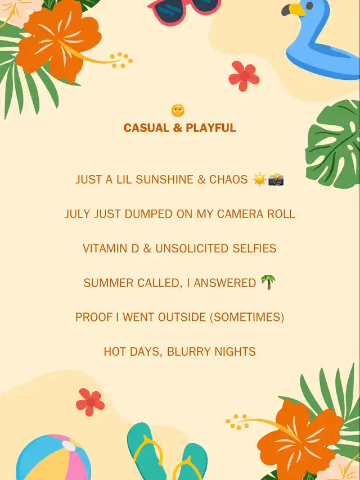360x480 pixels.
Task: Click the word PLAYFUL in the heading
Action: click(x=211, y=128)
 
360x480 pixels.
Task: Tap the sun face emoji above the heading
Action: click(x=178, y=111)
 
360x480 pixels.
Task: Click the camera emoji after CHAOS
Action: click(x=276, y=179)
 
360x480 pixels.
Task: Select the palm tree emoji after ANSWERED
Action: click(x=268, y=282)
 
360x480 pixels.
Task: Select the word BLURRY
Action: click(x=189, y=351)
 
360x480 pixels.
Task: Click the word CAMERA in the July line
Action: click(x=240, y=214)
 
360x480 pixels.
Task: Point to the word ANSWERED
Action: click(x=224, y=283)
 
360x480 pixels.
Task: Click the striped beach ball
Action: click(x=53, y=458)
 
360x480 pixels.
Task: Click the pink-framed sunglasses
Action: click(x=184, y=11)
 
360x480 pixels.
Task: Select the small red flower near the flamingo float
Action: click(x=244, y=76)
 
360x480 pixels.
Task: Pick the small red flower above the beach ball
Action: click(x=90, y=402)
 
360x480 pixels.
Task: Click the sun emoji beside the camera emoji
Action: click(x=259, y=179)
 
